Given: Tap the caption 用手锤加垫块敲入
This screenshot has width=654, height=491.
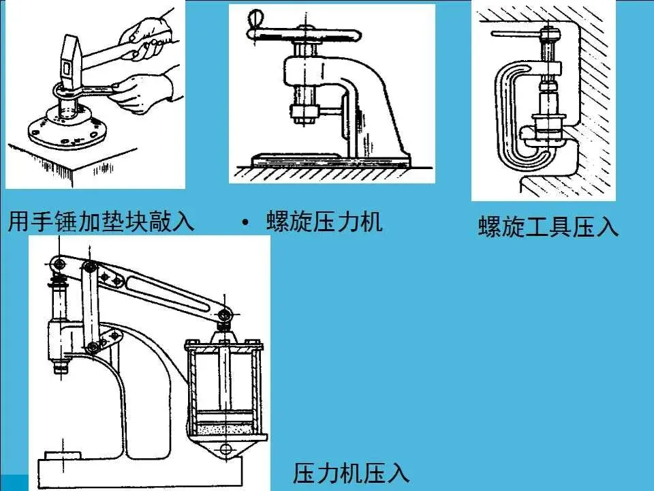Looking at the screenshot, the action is (x=102, y=221).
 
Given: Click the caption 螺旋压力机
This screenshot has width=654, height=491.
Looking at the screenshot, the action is (x=324, y=221).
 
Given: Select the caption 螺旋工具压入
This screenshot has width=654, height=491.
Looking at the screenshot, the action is (x=548, y=226).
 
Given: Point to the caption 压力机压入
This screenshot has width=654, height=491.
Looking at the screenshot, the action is (x=351, y=473).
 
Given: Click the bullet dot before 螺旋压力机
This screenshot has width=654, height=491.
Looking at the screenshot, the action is (x=245, y=222).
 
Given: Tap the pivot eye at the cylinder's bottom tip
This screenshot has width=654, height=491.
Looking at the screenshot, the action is (x=225, y=449).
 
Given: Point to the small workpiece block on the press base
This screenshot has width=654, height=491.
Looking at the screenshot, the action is (x=63, y=455).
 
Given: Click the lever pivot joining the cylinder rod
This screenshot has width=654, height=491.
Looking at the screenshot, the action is (x=225, y=314).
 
